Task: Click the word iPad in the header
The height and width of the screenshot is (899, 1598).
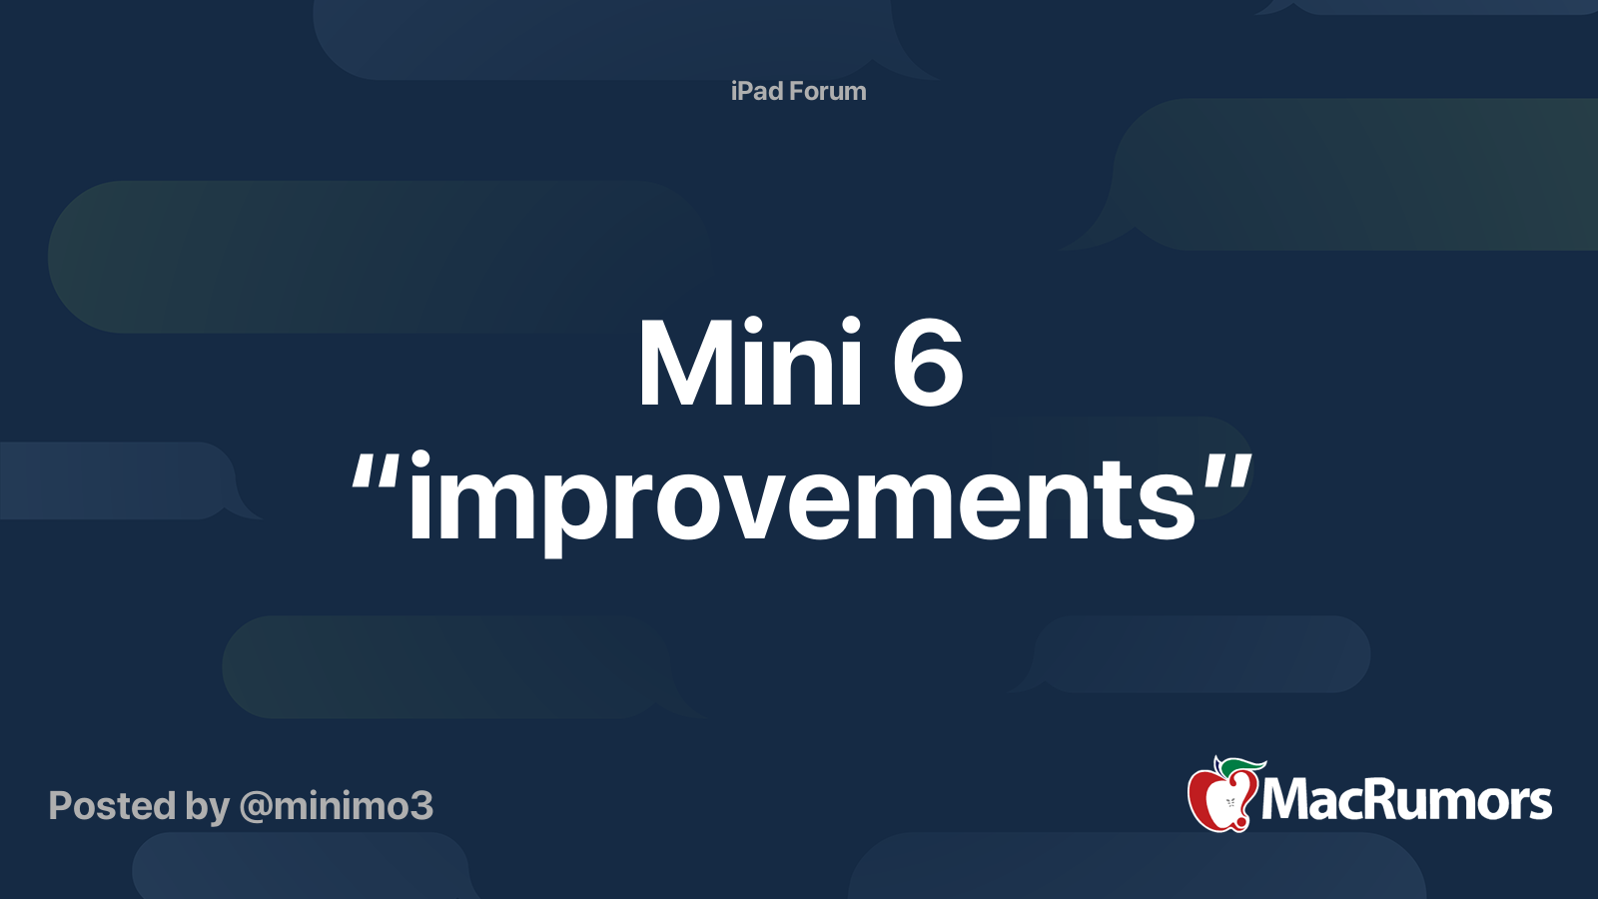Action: (x=757, y=91)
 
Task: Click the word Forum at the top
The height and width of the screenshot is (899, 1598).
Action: (x=827, y=91)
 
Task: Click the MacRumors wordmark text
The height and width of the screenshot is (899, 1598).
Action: (x=1406, y=800)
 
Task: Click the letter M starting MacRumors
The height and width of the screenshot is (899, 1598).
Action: (x=1284, y=800)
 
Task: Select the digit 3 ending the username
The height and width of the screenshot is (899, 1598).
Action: (x=421, y=805)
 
